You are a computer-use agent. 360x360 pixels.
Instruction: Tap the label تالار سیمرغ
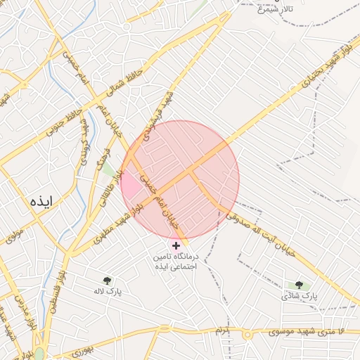(275, 10)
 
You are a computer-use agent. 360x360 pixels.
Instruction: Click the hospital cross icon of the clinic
(176, 245)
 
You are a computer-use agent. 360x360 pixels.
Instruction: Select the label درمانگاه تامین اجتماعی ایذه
(176, 262)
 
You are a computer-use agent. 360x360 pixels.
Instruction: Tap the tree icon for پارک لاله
(108, 279)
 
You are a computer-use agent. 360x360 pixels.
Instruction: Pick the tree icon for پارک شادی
(299, 285)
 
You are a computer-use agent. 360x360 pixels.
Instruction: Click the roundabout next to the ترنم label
(247, 333)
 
